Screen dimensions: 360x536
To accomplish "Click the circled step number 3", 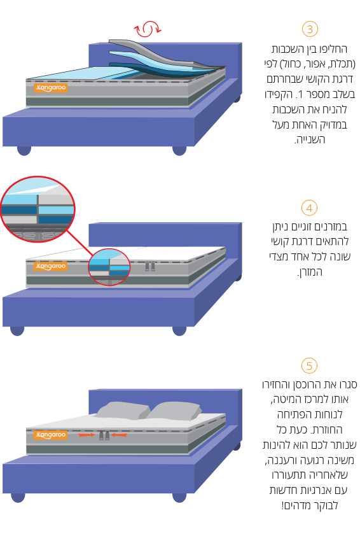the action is pos(310,29).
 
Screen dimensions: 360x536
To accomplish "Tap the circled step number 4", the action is pos(310,208).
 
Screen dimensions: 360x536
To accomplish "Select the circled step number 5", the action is pos(310,366).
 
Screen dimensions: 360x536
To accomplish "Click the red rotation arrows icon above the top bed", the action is pos(147,29).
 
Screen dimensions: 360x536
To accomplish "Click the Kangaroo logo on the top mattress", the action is pos(50,88).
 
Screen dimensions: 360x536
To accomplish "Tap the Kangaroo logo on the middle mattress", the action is pos(50,266).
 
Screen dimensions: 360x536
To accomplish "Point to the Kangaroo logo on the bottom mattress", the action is pos(50,435).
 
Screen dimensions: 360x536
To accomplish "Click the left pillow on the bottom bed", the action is pos(122,410).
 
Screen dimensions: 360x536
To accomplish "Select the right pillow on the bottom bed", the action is pos(174,411).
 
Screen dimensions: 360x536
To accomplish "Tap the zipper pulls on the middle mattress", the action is pos(150,266).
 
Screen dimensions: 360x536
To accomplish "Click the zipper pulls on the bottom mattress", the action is pos(104,435).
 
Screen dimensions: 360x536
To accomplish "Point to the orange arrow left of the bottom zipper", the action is pos(87,435).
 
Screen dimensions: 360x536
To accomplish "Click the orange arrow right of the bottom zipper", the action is pos(119,435).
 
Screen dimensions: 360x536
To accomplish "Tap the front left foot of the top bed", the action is pos(24,150).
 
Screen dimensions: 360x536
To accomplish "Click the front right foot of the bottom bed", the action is pos(179,497).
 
